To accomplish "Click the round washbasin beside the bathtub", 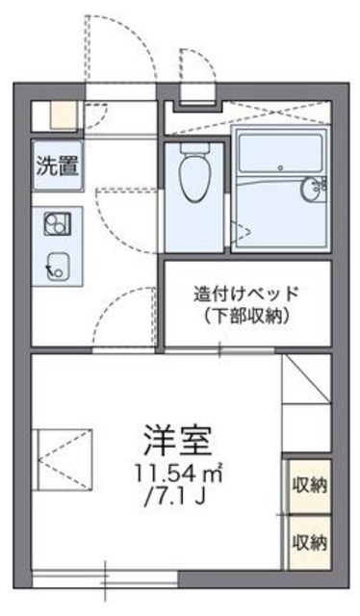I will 311,188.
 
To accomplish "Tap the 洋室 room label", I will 174,442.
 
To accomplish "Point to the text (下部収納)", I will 245,316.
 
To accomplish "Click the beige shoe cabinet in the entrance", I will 64,115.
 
